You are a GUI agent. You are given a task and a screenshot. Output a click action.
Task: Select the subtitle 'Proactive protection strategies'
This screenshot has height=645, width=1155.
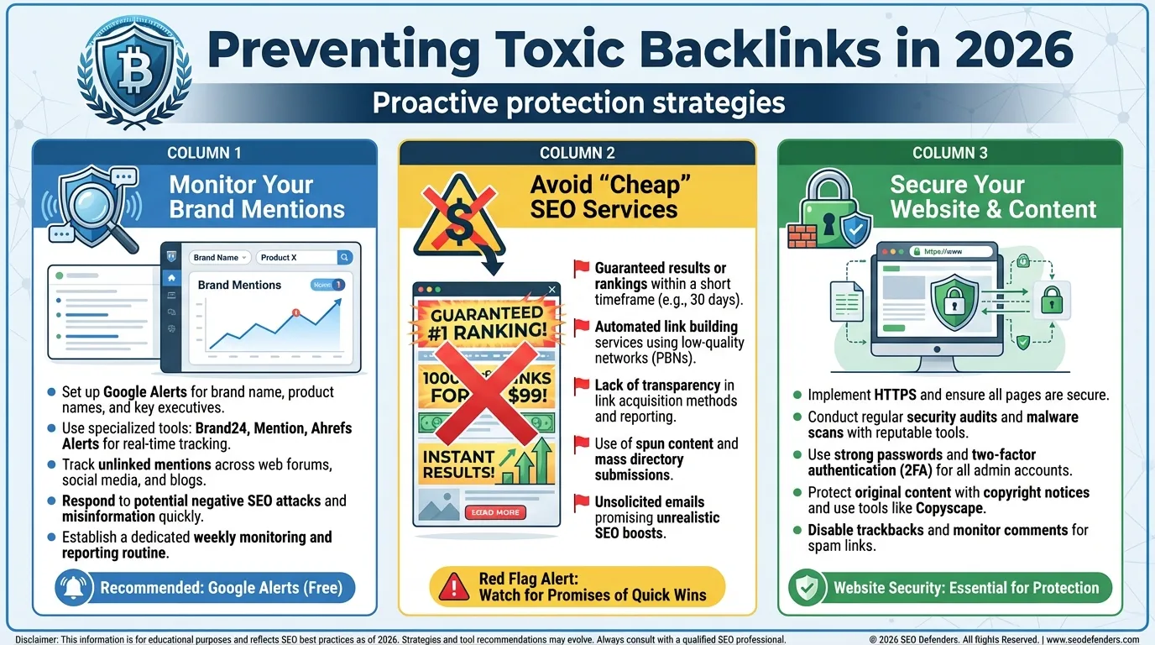click(578, 103)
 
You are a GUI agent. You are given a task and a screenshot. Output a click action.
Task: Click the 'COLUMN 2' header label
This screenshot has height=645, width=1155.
click(577, 153)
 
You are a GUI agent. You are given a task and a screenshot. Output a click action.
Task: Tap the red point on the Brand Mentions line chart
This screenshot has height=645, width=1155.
click(295, 312)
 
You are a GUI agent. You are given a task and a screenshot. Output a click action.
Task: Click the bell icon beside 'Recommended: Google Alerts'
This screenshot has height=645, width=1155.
click(73, 587)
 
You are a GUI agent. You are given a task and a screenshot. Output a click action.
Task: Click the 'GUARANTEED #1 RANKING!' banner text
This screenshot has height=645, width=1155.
click(486, 322)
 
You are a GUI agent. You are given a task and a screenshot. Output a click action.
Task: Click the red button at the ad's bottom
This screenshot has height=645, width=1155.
click(494, 512)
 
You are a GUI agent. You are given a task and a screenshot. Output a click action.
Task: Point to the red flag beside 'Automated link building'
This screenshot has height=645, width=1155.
click(581, 327)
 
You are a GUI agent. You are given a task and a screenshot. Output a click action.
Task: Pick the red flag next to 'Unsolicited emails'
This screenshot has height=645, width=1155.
click(581, 502)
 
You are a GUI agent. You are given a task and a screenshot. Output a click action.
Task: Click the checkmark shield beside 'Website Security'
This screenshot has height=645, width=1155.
click(807, 587)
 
